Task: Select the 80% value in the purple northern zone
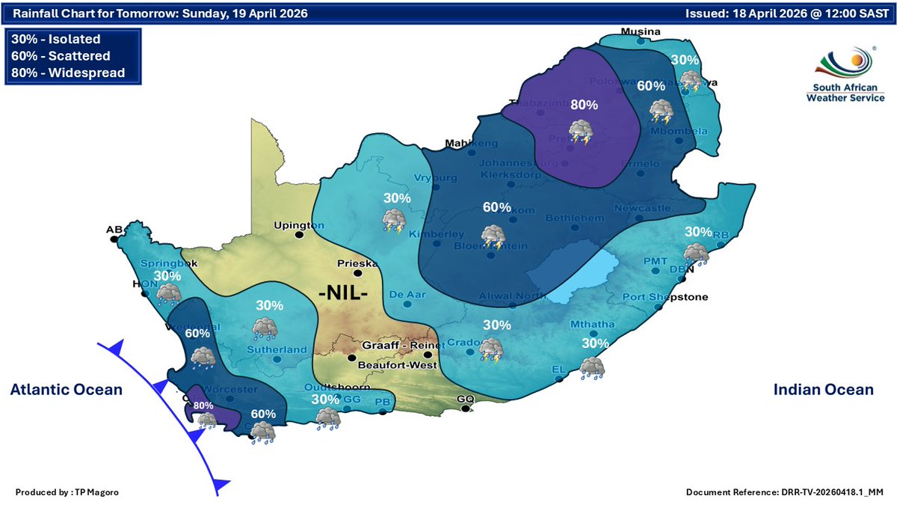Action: pyautogui.click(x=583, y=105)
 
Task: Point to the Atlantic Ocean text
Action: pyautogui.click(x=66, y=390)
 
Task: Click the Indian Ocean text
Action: pyautogui.click(x=823, y=390)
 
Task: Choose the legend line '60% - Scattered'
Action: pyautogui.click(x=61, y=56)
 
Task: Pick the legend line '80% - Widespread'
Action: pyautogui.click(x=68, y=73)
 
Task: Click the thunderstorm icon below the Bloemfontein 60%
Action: pyautogui.click(x=493, y=236)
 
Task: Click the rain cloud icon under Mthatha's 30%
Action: pyautogui.click(x=593, y=367)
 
